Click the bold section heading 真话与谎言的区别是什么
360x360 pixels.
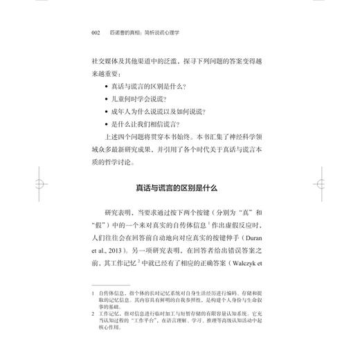pos(180,188)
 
